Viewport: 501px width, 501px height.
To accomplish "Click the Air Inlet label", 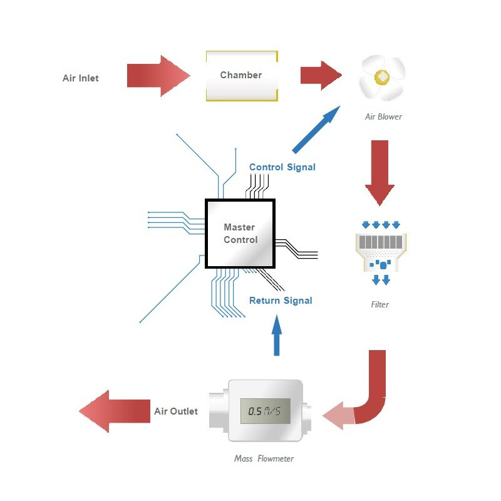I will tap(80, 78).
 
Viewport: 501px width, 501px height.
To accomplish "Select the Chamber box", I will tap(241, 75).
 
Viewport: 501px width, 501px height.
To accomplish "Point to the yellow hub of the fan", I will tap(381, 77).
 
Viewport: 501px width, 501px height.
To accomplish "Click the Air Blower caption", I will tap(383, 116).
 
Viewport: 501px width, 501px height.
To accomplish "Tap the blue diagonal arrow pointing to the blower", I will tap(316, 130).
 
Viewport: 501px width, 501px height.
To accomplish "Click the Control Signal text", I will tap(282, 167).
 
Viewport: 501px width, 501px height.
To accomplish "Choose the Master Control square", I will tap(240, 234).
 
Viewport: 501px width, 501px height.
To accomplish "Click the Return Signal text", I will tap(281, 301).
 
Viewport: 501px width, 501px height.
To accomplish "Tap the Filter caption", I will tap(380, 305).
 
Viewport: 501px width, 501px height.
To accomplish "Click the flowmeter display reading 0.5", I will tap(265, 411).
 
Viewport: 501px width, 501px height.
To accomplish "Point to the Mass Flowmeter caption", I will tap(264, 458).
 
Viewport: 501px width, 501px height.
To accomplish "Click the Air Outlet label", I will tap(176, 411).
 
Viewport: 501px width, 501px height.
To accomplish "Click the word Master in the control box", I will tap(239, 227).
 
